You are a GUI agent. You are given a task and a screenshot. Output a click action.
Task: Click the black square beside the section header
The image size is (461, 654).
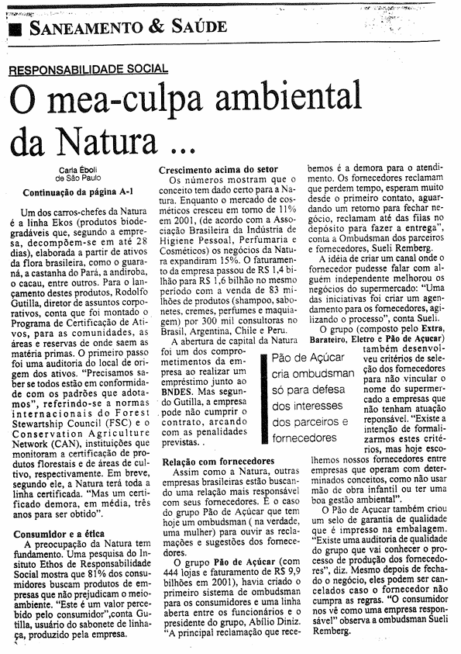[15, 29]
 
